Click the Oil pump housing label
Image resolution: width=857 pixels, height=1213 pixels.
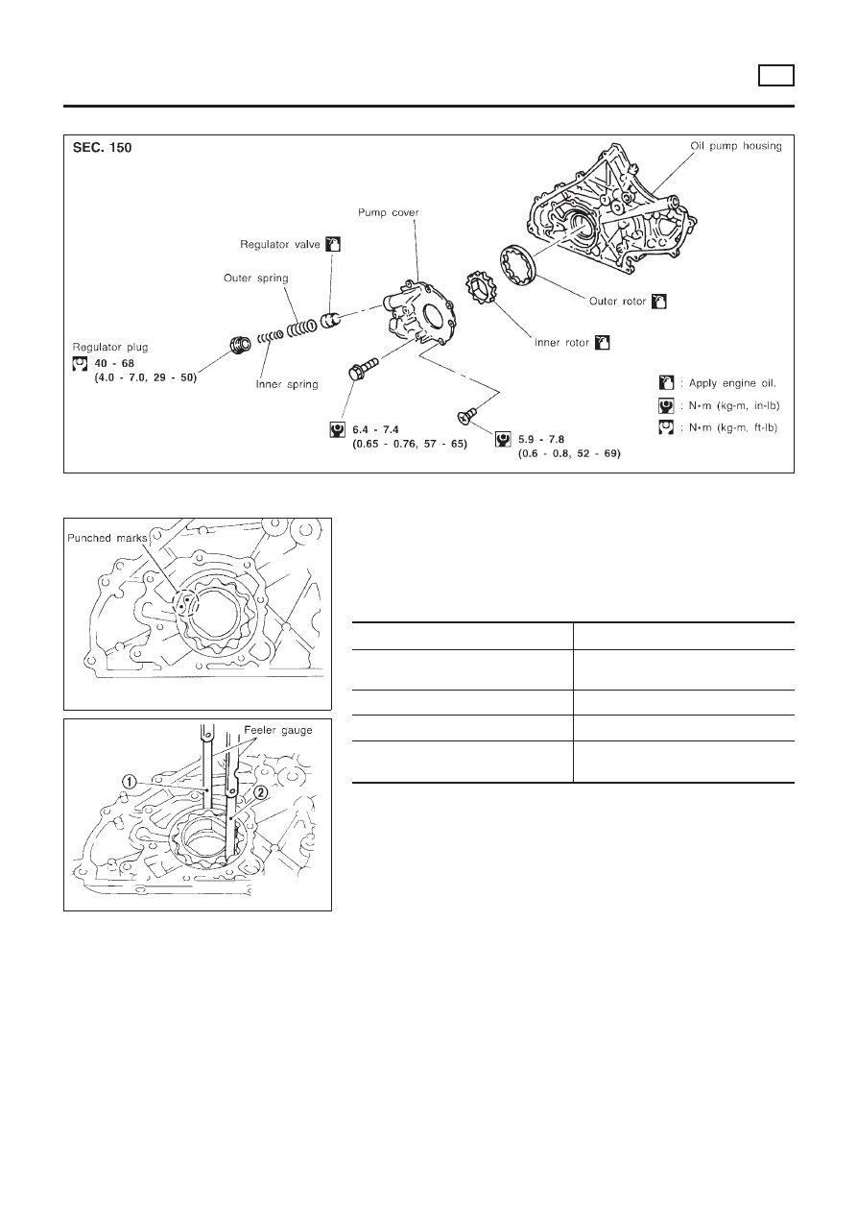736,146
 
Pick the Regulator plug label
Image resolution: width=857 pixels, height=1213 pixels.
110,345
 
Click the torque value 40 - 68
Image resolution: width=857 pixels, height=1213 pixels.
121,364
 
